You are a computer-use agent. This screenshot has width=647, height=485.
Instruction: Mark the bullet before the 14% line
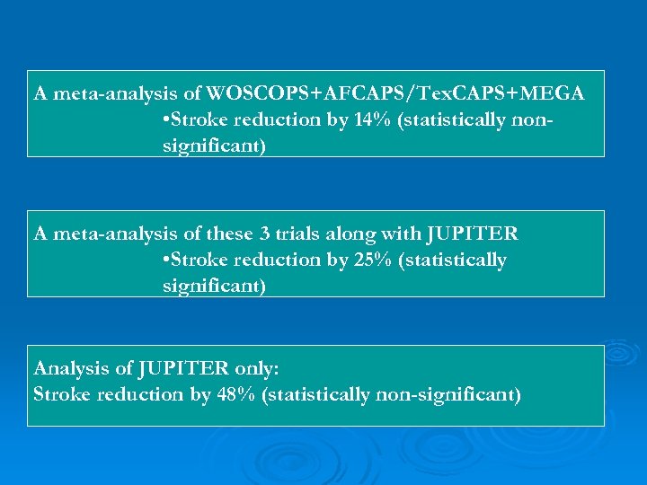[x=166, y=119]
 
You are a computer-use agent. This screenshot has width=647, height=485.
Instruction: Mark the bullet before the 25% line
[x=166, y=260]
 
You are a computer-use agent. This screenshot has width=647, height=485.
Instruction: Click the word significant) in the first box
[x=214, y=145]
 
